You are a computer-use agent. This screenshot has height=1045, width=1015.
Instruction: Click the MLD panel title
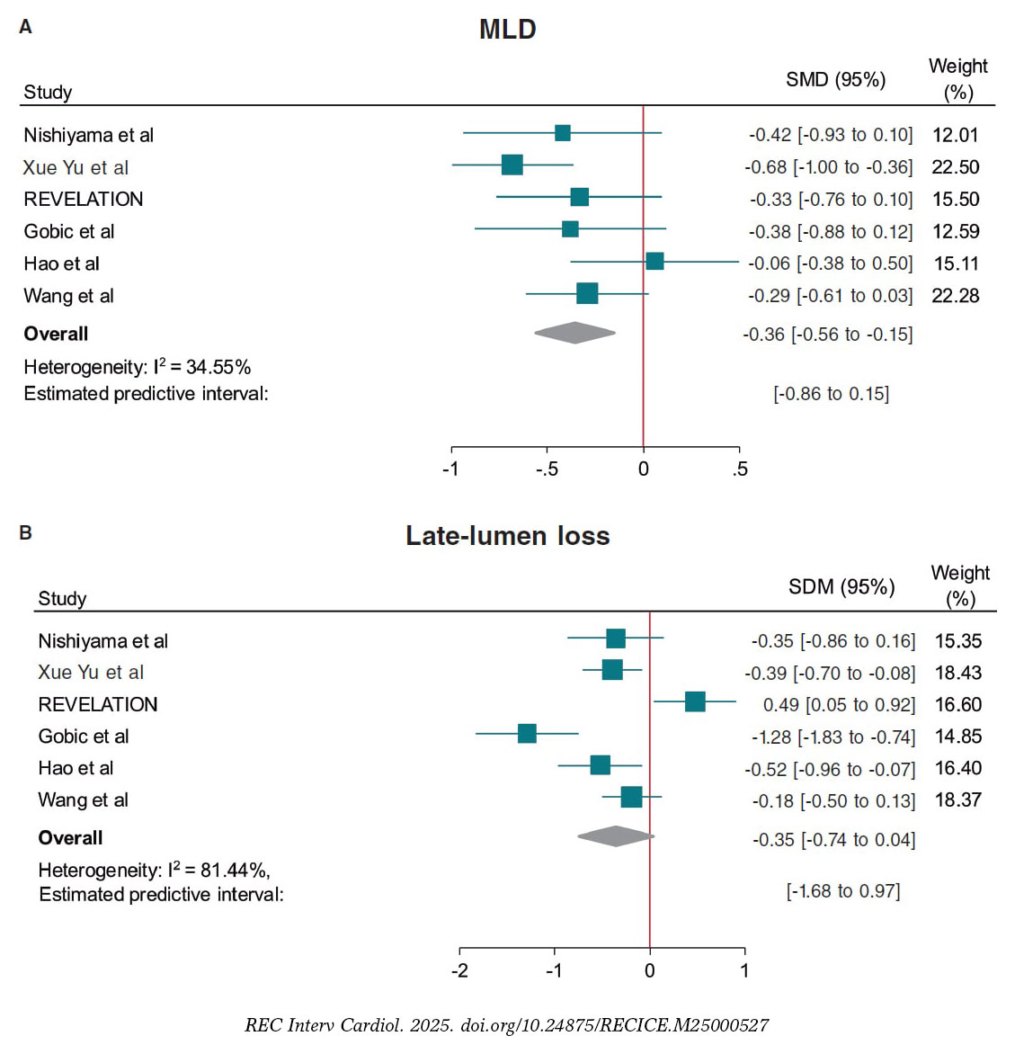pyautogui.click(x=507, y=29)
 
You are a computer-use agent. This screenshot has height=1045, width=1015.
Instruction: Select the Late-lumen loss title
pyautogui.click(x=507, y=536)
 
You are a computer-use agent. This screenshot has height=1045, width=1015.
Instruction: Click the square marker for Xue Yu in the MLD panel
pyautogui.click(x=512, y=165)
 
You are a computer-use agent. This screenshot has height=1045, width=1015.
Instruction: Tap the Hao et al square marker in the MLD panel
pyautogui.click(x=654, y=261)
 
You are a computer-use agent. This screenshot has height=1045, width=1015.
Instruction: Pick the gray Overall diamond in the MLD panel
pyautogui.click(x=574, y=333)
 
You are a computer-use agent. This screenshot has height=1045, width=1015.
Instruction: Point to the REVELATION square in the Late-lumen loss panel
pyautogui.click(x=695, y=701)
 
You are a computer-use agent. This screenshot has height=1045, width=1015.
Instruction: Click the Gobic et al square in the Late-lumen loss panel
pyautogui.click(x=527, y=733)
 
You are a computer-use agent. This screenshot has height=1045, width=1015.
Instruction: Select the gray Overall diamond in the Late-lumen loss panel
pyautogui.click(x=616, y=836)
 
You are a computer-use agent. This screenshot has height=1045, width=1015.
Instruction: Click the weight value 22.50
pyautogui.click(x=956, y=167)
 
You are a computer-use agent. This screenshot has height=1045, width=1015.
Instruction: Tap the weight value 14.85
pyautogui.click(x=958, y=737)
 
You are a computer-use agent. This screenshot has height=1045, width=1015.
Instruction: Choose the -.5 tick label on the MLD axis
pyautogui.click(x=546, y=469)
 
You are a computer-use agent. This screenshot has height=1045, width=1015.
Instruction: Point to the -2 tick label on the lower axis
pyautogui.click(x=459, y=970)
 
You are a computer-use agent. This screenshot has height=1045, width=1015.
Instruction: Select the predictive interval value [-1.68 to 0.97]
pyautogui.click(x=842, y=891)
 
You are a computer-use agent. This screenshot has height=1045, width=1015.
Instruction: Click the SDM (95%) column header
pyautogui.click(x=841, y=587)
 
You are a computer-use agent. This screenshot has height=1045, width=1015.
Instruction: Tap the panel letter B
pyautogui.click(x=25, y=533)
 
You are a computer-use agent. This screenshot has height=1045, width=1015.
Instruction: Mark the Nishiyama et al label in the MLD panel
pyautogui.click(x=88, y=135)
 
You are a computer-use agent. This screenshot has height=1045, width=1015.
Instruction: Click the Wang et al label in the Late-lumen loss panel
pyautogui.click(x=83, y=800)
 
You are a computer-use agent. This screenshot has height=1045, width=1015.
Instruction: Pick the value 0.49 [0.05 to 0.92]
pyautogui.click(x=839, y=705)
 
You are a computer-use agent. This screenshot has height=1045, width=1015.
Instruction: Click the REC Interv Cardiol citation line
pyautogui.click(x=507, y=1025)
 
